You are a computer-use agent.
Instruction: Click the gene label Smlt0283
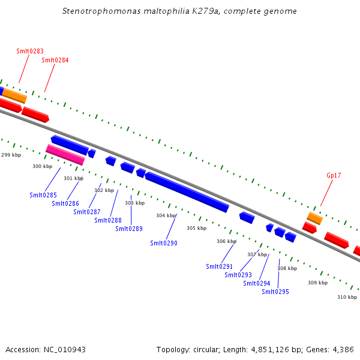coord(30,52)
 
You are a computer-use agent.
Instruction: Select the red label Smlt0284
coord(55,60)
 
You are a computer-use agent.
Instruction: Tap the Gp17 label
coord(334,175)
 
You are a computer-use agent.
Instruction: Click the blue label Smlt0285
coord(43,195)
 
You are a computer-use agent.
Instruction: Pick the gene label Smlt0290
coord(164,243)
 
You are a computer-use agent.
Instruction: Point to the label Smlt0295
coord(275,292)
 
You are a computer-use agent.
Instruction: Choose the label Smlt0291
coord(219,266)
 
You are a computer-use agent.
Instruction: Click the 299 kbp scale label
coord(11,155)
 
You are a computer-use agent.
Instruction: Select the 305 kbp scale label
coord(196,228)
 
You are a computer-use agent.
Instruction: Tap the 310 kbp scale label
coord(347,297)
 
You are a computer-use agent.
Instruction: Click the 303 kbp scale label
coord(134,203)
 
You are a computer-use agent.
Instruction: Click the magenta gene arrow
coord(65,155)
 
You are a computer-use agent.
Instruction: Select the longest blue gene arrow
coord(187,191)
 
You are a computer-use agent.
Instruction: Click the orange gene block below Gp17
coord(315,218)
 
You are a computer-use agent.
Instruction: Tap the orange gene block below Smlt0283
coord(14,95)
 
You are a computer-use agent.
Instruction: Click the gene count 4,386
coord(342,349)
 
